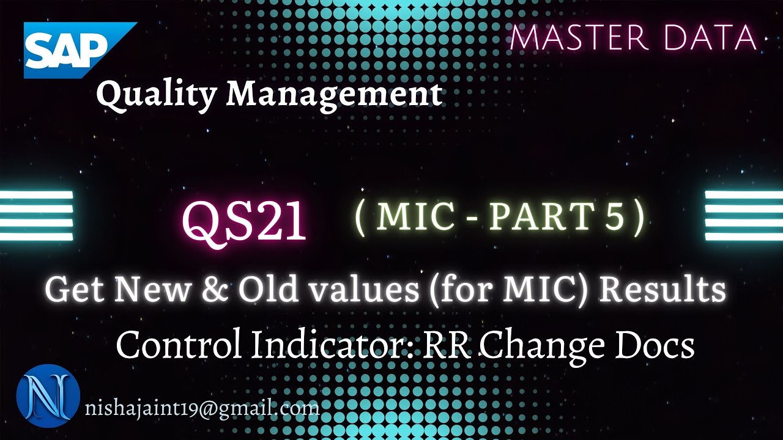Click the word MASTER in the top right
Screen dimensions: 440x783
pos(578,38)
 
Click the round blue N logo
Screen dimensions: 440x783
pos(48,396)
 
